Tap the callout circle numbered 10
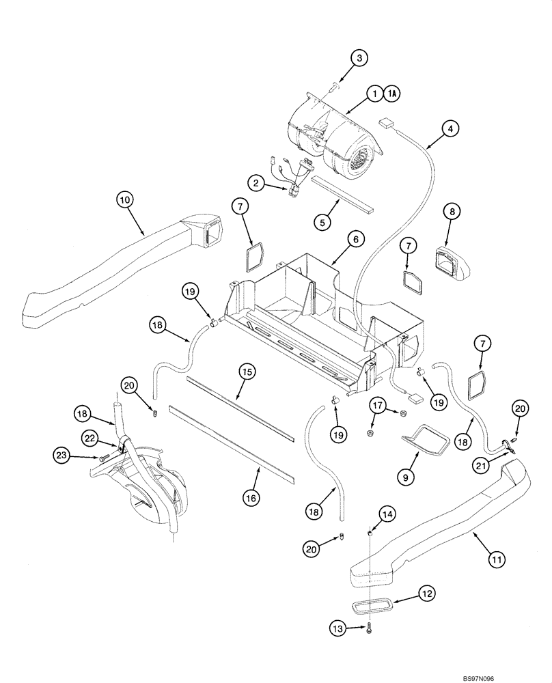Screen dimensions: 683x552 (x=123, y=200)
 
